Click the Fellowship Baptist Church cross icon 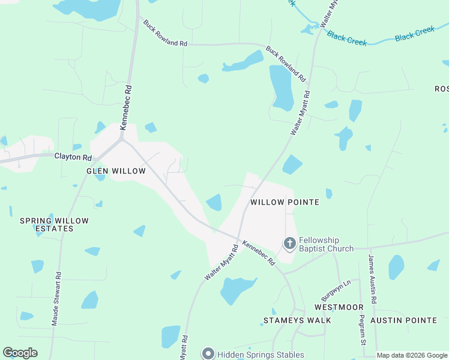click(289, 243)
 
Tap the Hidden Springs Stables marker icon click(208, 354)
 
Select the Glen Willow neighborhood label click(116, 171)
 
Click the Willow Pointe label click(284, 203)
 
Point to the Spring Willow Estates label click(54, 224)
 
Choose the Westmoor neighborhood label click(339, 307)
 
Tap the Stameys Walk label click(298, 320)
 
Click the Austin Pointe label click(403, 320)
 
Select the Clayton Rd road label click(73, 158)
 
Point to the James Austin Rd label click(373, 278)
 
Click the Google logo click(20, 353)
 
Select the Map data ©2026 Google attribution click(411, 356)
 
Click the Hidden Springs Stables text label click(261, 355)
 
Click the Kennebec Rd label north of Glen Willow click(125, 107)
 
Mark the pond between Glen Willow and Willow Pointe click(214, 203)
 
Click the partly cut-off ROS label click(441, 89)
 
